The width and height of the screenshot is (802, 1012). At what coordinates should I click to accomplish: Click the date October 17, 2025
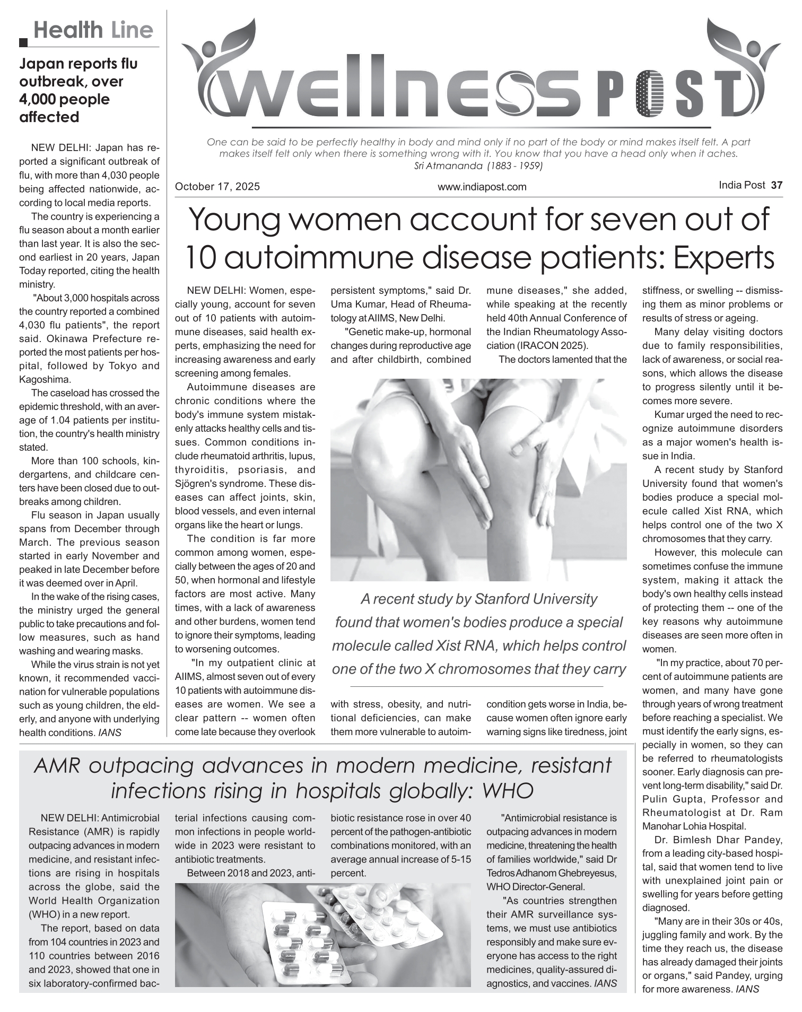[217, 187]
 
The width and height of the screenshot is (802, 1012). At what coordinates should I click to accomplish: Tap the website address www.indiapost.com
[482, 187]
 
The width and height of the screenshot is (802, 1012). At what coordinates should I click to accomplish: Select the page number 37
[777, 185]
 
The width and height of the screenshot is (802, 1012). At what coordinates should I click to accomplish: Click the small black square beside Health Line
[23, 43]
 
